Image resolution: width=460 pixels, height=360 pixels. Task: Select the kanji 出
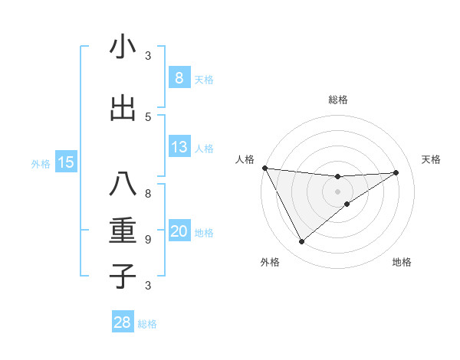(x=123, y=108)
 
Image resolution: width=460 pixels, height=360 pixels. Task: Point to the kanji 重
(x=123, y=231)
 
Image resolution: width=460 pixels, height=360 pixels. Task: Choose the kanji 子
(x=123, y=276)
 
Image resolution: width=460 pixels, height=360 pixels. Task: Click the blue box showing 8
(x=179, y=77)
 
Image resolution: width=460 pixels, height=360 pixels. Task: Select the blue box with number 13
(x=179, y=147)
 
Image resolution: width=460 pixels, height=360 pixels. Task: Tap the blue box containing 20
(x=179, y=231)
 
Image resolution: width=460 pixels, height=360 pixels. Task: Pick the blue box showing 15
(x=66, y=162)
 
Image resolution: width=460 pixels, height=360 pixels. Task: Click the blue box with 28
(x=122, y=322)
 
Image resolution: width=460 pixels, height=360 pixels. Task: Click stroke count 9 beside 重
(x=148, y=239)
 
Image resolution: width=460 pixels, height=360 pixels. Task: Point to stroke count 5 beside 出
(x=148, y=116)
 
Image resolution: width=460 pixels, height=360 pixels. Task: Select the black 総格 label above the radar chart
(x=337, y=100)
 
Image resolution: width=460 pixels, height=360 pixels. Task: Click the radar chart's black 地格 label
(x=402, y=263)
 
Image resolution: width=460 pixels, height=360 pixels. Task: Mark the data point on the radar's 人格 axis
(x=264, y=168)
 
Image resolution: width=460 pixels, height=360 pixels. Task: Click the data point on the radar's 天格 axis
(x=396, y=172)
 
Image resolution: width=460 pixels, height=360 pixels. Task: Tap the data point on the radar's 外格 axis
(x=301, y=242)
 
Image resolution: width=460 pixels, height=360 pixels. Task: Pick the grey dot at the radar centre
(x=337, y=191)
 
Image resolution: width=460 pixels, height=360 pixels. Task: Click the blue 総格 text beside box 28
(x=147, y=324)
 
